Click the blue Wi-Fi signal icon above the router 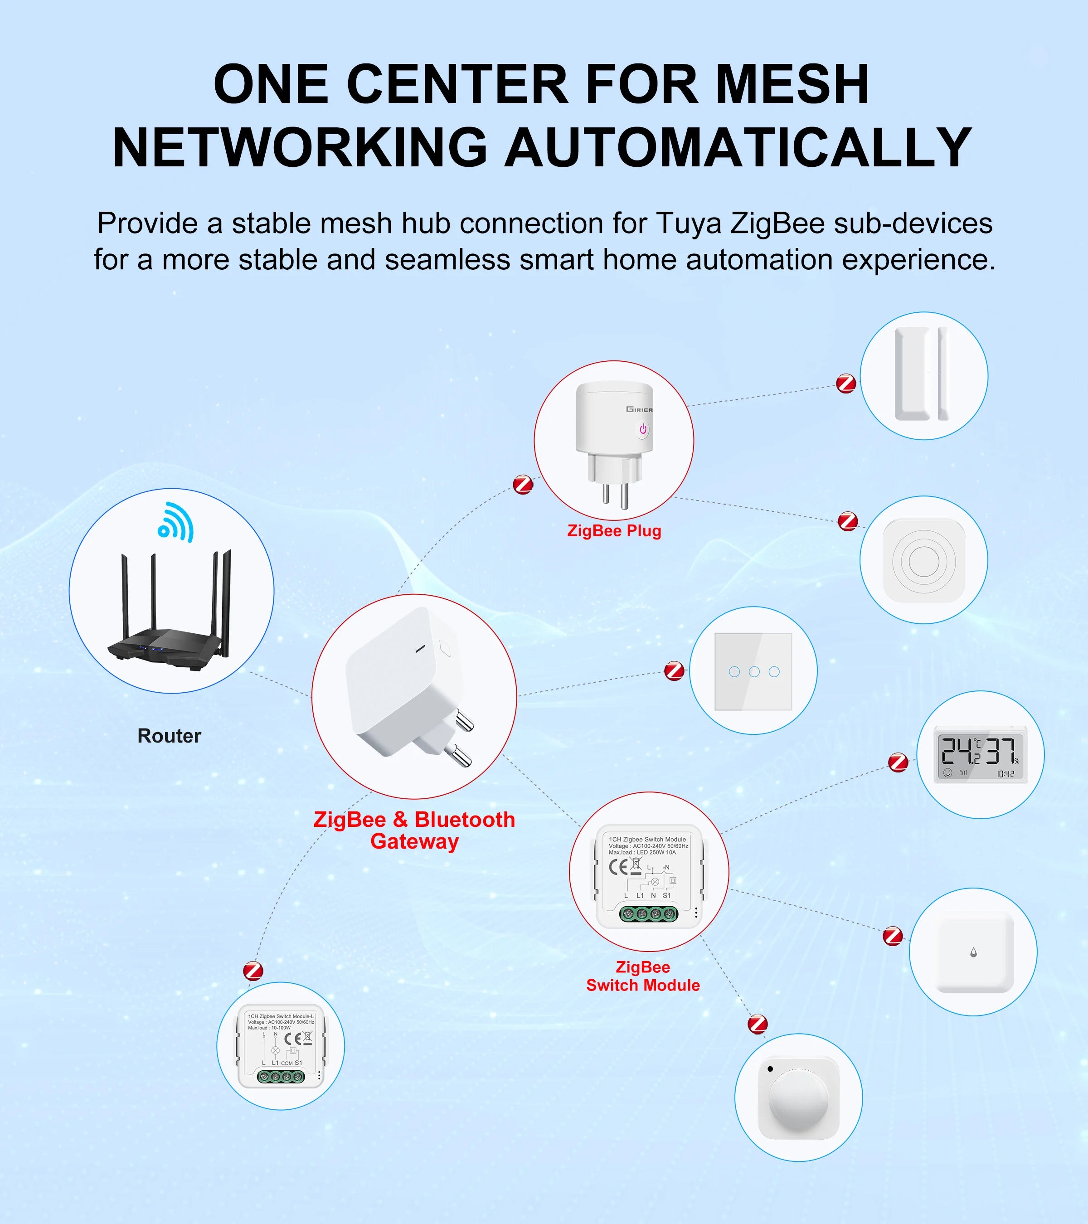click(176, 522)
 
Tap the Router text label click(170, 735)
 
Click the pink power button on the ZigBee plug click(642, 429)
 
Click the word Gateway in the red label click(414, 841)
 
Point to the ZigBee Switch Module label click(642, 976)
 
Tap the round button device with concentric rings click(923, 560)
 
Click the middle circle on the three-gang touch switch click(754, 671)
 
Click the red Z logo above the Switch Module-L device click(253, 971)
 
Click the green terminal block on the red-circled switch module click(648, 914)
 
